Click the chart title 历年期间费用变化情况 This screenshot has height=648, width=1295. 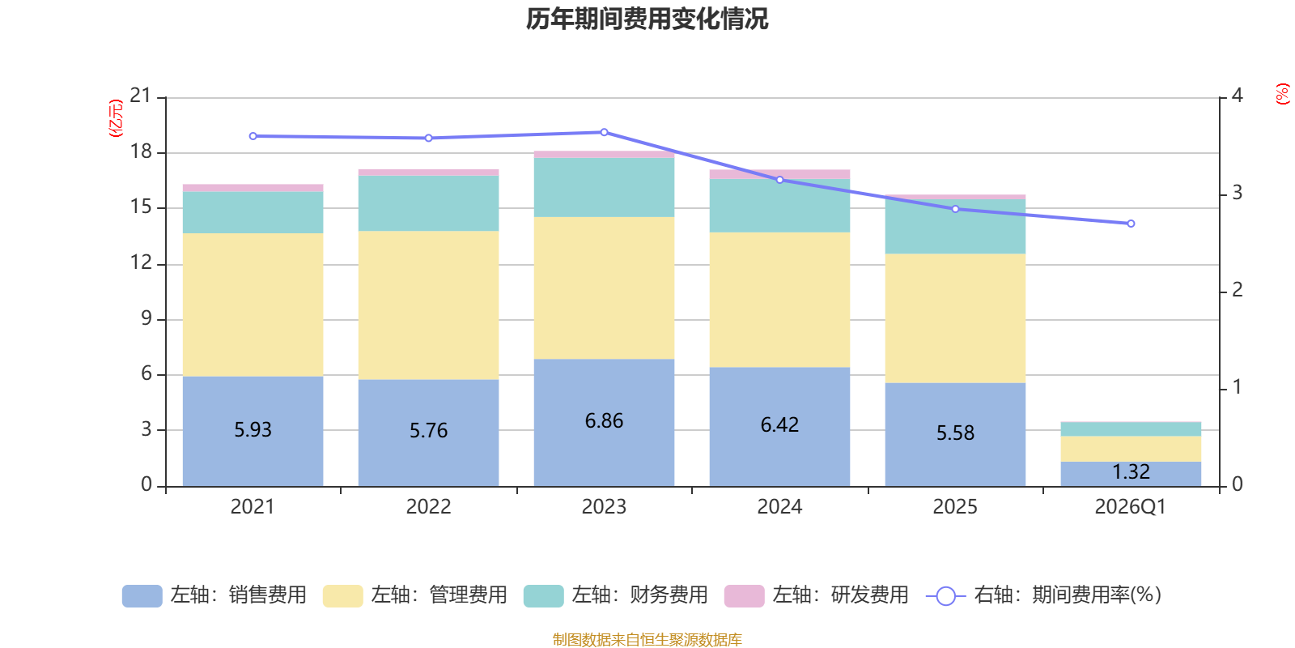click(x=647, y=19)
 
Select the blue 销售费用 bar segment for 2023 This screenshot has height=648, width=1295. click(x=604, y=454)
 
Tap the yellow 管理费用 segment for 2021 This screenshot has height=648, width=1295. click(x=253, y=305)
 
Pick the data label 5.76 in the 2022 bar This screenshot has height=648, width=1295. click(x=428, y=431)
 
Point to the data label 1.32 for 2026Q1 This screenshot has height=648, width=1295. click(x=1131, y=472)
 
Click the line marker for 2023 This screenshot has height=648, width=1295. click(x=604, y=132)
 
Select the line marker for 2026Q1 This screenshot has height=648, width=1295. click(x=1131, y=224)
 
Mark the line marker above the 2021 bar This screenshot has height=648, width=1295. click(x=253, y=136)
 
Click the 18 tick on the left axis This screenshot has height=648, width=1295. click(x=141, y=151)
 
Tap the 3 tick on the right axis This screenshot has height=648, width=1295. click(x=1237, y=193)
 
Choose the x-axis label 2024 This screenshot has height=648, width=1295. click(x=779, y=507)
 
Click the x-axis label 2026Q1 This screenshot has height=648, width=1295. click(x=1130, y=507)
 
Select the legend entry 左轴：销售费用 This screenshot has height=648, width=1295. click(x=214, y=595)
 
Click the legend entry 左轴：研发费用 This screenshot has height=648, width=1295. click(x=817, y=595)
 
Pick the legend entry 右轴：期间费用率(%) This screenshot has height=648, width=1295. click(x=1044, y=595)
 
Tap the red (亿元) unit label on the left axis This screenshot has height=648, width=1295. click(x=116, y=118)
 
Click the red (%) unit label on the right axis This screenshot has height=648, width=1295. click(x=1282, y=94)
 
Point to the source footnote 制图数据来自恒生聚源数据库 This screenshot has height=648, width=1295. click(x=647, y=640)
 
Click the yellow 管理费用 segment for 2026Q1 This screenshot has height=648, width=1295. click(x=1131, y=449)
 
